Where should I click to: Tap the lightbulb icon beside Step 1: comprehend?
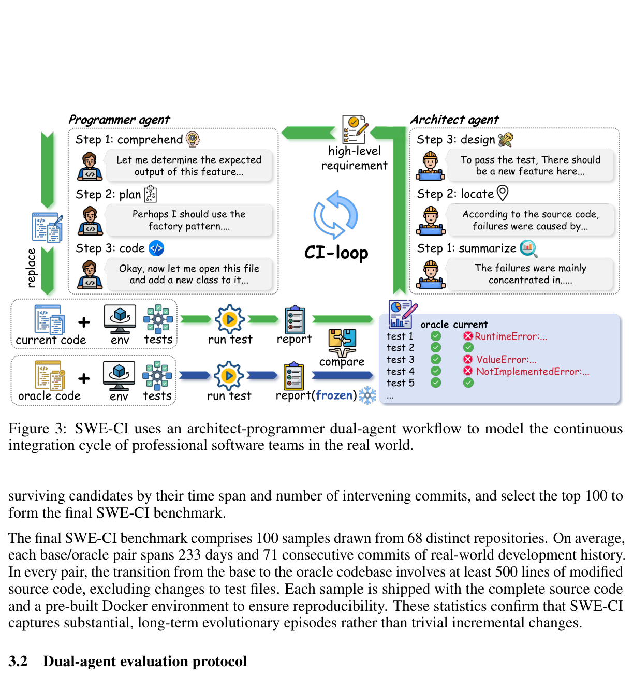(x=193, y=139)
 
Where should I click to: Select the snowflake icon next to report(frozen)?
(x=367, y=395)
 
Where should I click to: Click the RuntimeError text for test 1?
(x=510, y=336)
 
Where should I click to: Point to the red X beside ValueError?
(x=468, y=359)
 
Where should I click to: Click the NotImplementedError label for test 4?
(x=533, y=371)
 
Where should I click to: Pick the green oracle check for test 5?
(x=436, y=383)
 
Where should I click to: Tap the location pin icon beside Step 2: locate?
(x=503, y=193)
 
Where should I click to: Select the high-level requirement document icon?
(x=355, y=129)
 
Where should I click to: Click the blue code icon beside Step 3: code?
(x=156, y=248)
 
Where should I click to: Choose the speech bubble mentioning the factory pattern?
(x=189, y=220)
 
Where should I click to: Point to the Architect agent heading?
(x=454, y=120)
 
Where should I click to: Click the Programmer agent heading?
(x=119, y=120)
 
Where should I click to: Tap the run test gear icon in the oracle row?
(x=229, y=376)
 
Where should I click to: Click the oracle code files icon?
(x=50, y=375)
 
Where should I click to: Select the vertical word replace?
(x=31, y=268)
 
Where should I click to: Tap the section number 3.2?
(x=18, y=662)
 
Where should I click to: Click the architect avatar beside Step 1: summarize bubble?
(x=431, y=274)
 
